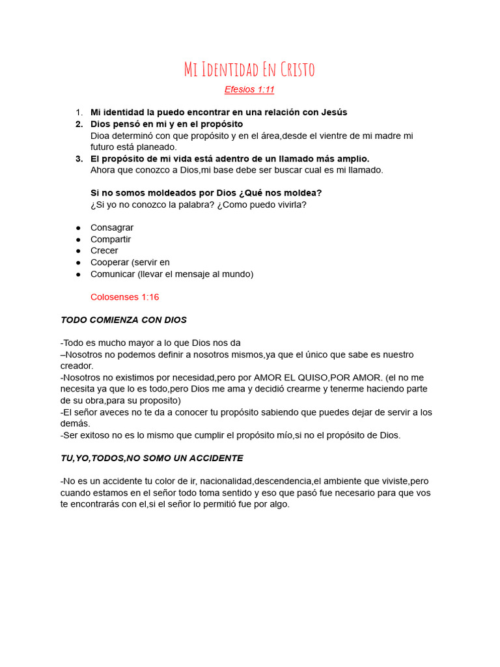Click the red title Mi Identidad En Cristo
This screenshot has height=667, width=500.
(x=249, y=70)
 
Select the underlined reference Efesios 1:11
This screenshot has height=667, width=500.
(x=249, y=89)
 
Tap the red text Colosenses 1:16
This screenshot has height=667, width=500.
(x=124, y=297)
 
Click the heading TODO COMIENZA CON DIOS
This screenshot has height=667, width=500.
(x=124, y=320)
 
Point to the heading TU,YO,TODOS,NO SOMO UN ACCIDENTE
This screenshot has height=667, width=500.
(x=152, y=458)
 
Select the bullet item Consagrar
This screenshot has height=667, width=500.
(x=112, y=227)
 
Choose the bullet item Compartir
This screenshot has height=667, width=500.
(x=111, y=239)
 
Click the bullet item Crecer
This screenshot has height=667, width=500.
(x=104, y=251)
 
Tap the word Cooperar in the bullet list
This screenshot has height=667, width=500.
(x=109, y=263)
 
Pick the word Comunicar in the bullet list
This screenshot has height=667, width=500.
(x=112, y=274)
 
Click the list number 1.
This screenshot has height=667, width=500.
(x=78, y=112)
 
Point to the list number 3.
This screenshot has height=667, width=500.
(x=78, y=159)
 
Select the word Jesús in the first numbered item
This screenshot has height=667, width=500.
(x=334, y=112)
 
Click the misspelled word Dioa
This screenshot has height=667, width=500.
(x=102, y=135)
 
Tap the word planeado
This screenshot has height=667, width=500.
(x=157, y=147)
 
